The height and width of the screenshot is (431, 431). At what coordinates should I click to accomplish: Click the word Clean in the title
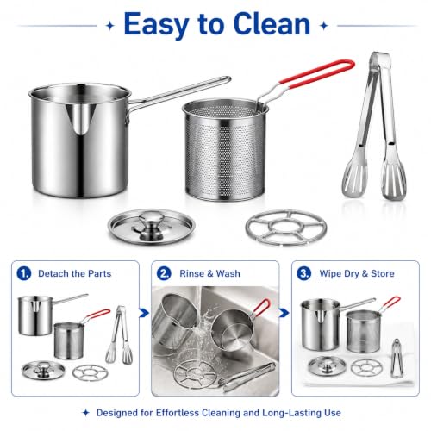272,24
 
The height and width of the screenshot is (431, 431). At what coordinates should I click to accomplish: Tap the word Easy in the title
158,26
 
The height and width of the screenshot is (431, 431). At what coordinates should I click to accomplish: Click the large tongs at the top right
373,127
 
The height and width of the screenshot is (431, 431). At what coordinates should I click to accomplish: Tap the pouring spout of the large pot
80,119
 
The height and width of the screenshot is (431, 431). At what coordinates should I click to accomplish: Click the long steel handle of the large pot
179,91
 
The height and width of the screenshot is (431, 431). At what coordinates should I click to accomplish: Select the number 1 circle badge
24,273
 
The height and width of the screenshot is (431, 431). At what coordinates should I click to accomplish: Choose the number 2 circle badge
164,273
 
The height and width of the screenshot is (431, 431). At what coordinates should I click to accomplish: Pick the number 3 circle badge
303,273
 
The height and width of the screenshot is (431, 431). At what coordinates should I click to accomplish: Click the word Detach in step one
53,273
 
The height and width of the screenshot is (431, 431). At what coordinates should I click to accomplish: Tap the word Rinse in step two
191,273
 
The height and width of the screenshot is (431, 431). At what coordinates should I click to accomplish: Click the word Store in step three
383,273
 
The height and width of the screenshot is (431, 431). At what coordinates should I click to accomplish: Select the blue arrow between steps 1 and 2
144,313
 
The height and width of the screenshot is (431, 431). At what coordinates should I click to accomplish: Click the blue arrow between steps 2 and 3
284,313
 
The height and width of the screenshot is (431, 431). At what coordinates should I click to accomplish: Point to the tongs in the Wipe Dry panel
397,358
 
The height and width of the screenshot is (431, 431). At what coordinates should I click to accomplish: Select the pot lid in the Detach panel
43,370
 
